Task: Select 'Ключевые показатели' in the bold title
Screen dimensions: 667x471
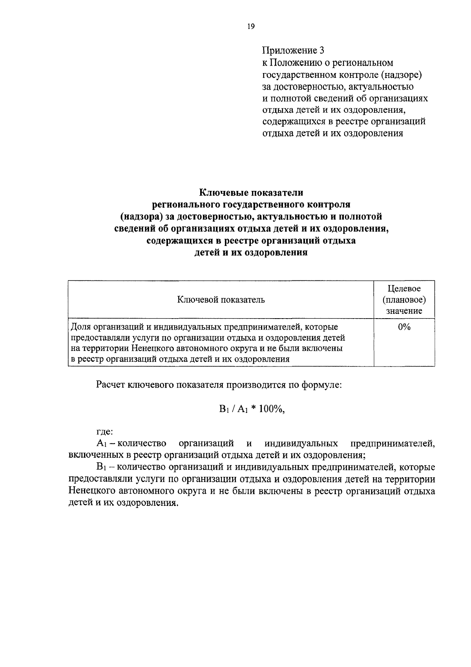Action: (251, 192)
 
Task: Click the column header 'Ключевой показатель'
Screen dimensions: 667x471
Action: (221, 300)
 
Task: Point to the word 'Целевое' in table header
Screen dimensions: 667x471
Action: (404, 289)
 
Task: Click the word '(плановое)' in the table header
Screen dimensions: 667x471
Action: (404, 300)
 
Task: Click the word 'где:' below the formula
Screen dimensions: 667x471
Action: (105, 432)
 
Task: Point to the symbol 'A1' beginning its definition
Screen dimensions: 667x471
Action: (101, 444)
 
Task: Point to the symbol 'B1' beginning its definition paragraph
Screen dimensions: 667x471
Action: (101, 467)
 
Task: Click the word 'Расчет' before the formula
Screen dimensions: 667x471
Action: (111, 385)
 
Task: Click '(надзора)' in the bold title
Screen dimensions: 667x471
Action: (141, 216)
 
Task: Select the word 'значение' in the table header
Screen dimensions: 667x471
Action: (404, 311)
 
